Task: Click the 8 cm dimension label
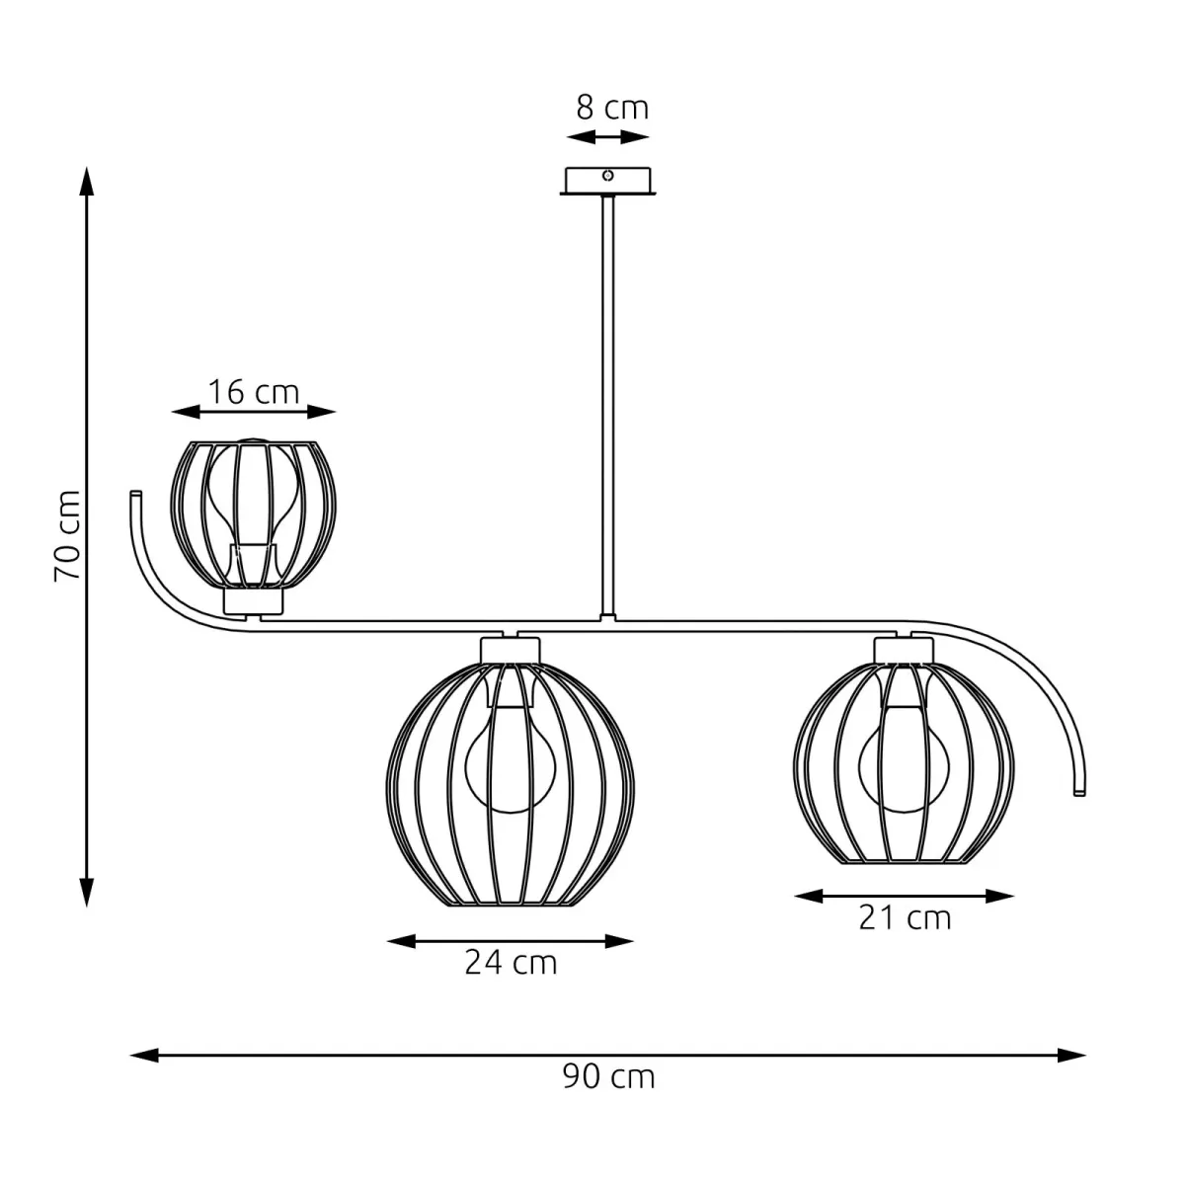coord(612,107)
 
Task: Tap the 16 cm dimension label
coord(253,392)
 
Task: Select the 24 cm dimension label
coord(511,962)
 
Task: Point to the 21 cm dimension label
coord(905,917)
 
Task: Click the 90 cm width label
coord(608,1075)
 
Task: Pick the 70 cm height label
coord(67,535)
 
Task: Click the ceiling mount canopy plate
coord(607,181)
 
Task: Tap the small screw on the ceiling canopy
coord(608,176)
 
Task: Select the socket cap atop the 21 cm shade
coord(904,649)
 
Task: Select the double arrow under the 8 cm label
coord(608,137)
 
